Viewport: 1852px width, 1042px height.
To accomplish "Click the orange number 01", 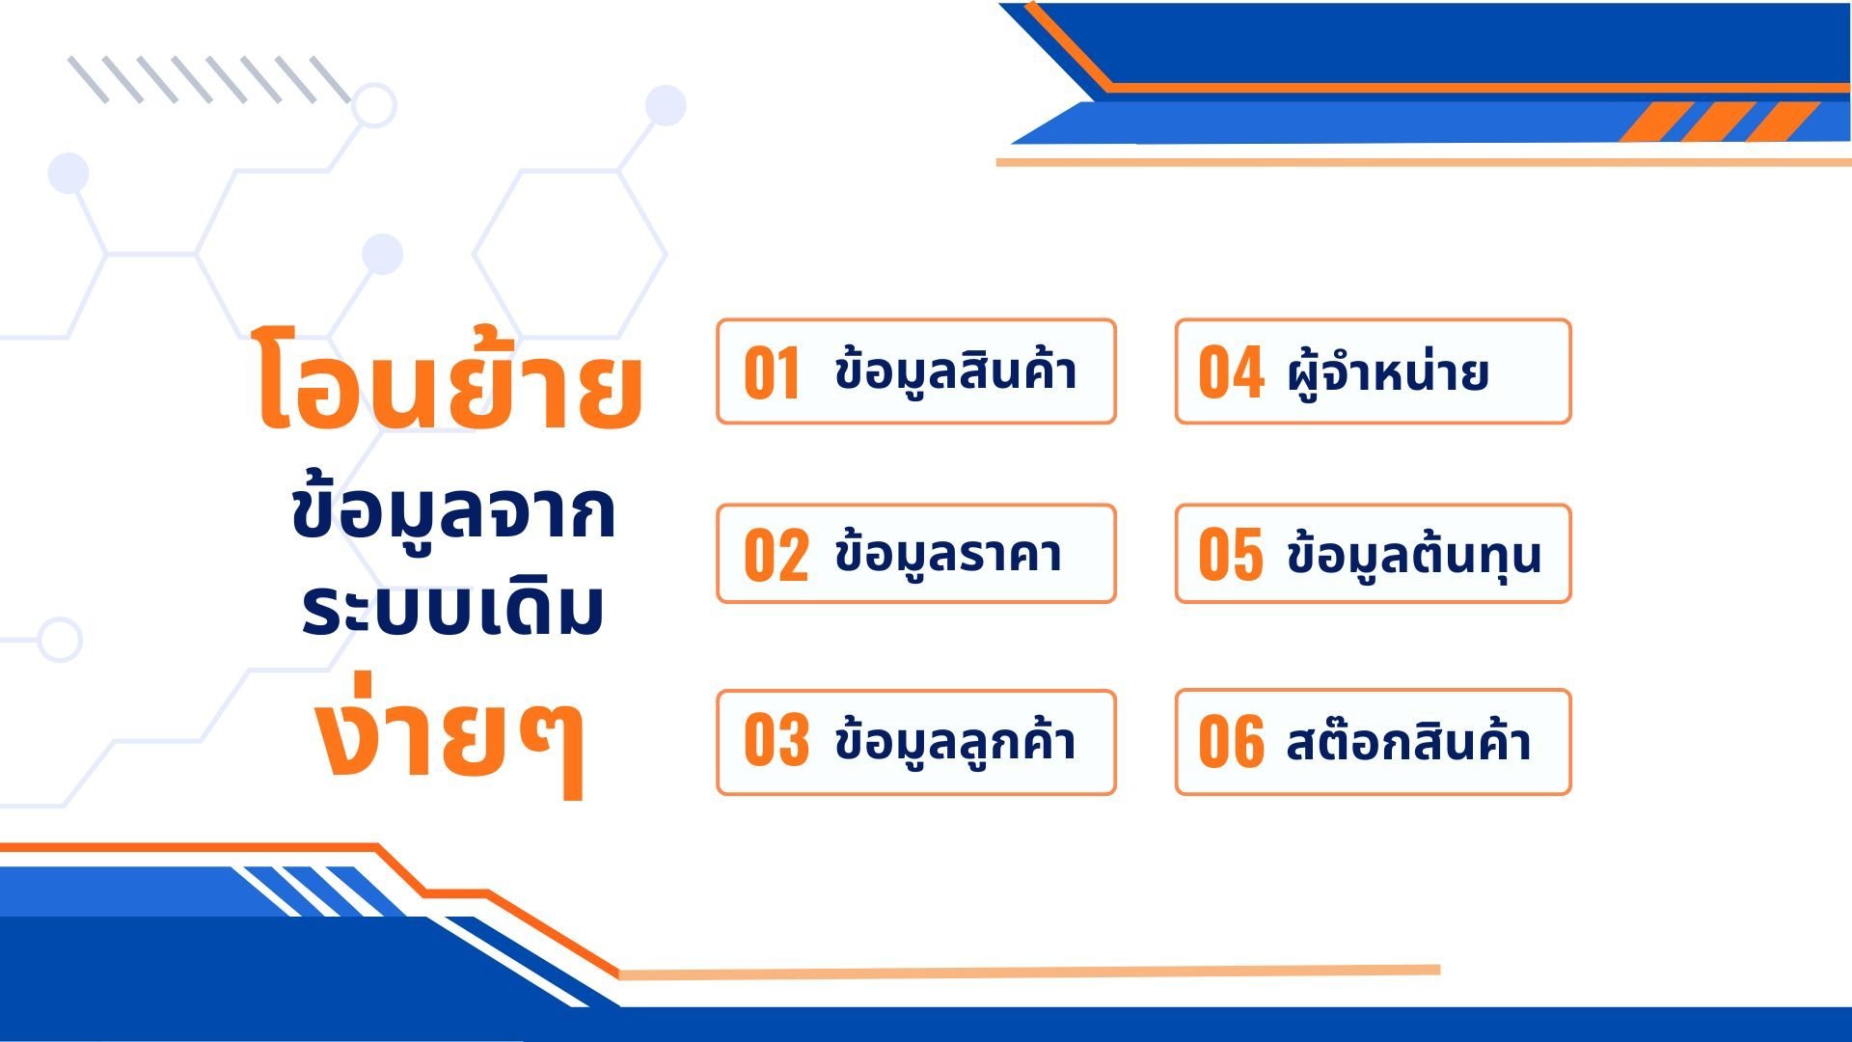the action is tap(772, 372).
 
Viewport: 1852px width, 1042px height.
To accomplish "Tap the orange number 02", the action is tap(776, 556).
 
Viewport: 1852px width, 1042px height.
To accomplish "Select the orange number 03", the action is tap(776, 741).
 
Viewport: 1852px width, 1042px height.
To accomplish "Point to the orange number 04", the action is tap(1231, 372).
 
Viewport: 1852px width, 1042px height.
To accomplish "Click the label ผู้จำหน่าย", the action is tap(1388, 371).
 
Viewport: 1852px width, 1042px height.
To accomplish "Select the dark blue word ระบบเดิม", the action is tap(453, 608).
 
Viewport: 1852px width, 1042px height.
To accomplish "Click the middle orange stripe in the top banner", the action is tap(1719, 122).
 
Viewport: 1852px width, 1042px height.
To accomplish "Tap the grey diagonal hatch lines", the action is tap(209, 79).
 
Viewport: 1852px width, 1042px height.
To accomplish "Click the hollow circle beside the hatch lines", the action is tap(374, 106).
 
